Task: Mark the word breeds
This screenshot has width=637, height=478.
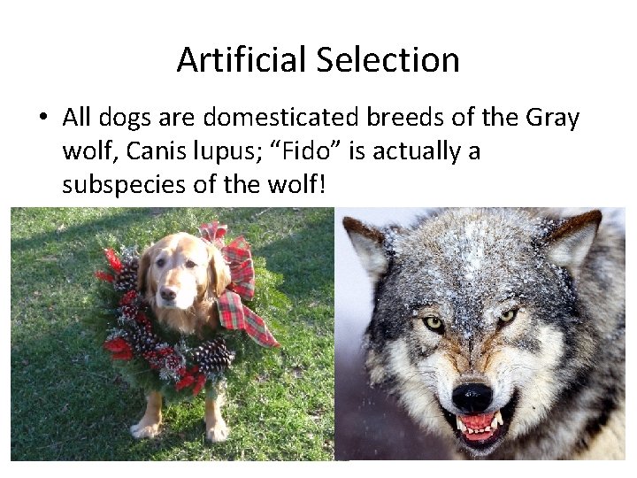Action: pos(414,118)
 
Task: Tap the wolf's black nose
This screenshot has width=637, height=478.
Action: pos(472,396)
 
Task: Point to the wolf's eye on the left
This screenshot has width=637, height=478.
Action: pos(434,324)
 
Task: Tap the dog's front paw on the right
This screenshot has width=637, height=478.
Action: pos(214,430)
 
